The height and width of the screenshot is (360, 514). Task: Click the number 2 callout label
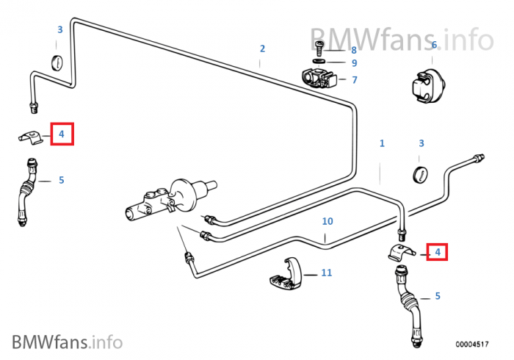pyautogui.click(x=261, y=49)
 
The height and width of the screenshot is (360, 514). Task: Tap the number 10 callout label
pyautogui.click(x=327, y=221)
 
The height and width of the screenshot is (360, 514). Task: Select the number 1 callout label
pyautogui.click(x=382, y=143)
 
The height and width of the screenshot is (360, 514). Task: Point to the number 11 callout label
pyautogui.click(x=327, y=273)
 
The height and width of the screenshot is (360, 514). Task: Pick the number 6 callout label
pyautogui.click(x=434, y=45)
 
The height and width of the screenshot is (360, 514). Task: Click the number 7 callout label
pyautogui.click(x=354, y=79)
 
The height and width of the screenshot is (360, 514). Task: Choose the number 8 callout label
pyautogui.click(x=353, y=50)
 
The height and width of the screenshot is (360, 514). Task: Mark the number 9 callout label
pyautogui.click(x=353, y=63)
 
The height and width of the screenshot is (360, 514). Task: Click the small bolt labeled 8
pyautogui.click(x=321, y=48)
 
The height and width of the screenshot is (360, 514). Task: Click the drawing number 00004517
pyautogui.click(x=472, y=342)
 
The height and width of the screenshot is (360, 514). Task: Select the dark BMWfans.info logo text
pyautogui.click(x=67, y=341)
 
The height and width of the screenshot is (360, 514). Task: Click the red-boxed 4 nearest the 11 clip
pyautogui.click(x=438, y=252)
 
